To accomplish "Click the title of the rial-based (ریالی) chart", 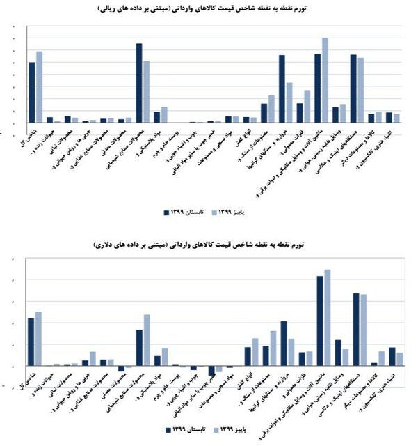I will pos(209,10).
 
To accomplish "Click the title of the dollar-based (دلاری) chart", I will pos(209,245).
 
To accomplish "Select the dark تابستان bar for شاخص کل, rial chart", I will pos(31,92).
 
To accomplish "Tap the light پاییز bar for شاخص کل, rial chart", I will pos(39,86).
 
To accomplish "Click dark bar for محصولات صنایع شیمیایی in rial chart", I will pos(138,82).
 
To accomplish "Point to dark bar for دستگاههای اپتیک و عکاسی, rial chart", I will pos(353,88).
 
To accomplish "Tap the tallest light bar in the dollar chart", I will pos(327,317).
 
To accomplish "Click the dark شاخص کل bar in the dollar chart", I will pos(31,341).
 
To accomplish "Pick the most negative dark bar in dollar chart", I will pos(211,370).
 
